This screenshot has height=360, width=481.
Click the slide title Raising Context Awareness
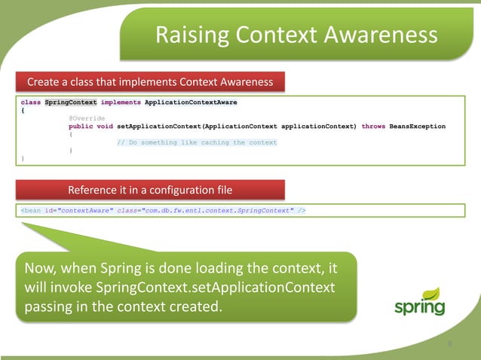(x=295, y=35)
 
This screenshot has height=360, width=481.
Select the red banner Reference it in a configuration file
(x=150, y=188)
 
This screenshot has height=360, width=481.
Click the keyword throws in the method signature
(x=373, y=127)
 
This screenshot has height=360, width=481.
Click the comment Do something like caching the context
(x=197, y=142)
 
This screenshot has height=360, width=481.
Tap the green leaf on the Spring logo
(x=431, y=293)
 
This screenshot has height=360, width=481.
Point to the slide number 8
(x=450, y=344)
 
